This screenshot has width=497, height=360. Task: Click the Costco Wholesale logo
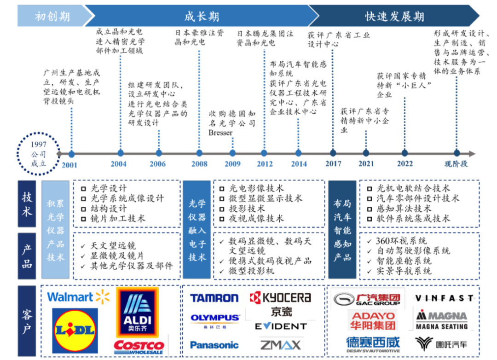tap(139, 346)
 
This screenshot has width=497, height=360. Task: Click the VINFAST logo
tap(444, 298)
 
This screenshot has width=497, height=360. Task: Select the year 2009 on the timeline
tap(232, 164)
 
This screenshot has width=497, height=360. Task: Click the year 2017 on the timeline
tap(333, 164)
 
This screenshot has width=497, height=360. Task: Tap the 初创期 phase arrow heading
tap(52, 17)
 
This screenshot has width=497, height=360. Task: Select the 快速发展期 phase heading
tap(394, 17)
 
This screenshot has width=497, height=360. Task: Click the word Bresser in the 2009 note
tap(220, 133)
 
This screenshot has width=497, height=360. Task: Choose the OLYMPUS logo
tap(215, 319)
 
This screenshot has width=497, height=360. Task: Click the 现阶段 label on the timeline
tap(456, 164)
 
